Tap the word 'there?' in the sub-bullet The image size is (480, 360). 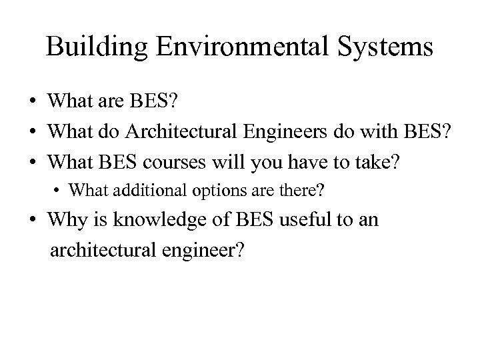(x=301, y=190)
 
